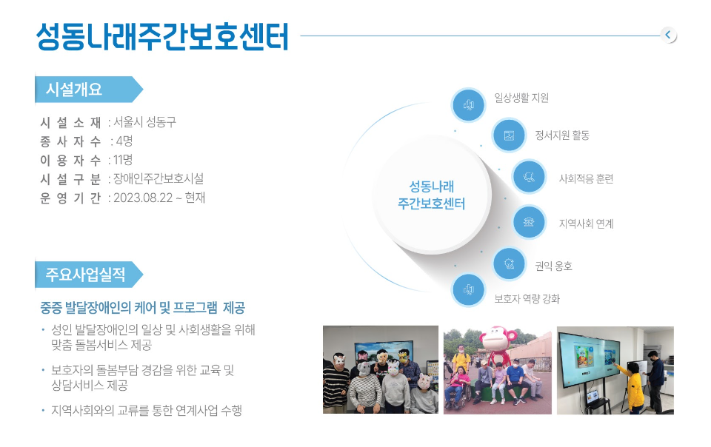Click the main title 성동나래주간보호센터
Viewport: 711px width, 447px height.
(x=162, y=36)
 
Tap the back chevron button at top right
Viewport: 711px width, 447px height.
(x=668, y=35)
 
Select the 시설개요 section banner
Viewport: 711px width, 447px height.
(x=88, y=90)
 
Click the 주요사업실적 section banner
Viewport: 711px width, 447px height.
(x=88, y=275)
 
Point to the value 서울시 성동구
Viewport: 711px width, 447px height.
(x=144, y=122)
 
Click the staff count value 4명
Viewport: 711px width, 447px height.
(x=124, y=141)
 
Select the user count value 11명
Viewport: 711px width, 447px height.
(x=123, y=160)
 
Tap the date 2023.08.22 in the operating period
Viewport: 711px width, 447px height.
(x=143, y=198)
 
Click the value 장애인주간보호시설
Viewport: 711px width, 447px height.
(x=158, y=179)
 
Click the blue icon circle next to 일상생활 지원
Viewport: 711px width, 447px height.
(x=468, y=105)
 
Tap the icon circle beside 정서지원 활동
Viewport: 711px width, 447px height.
(x=510, y=135)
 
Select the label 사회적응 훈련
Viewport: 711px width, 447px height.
(x=586, y=179)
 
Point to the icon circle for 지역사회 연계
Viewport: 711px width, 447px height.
(x=529, y=222)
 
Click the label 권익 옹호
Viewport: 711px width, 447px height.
(x=554, y=266)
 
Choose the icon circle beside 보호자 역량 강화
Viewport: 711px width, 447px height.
(x=468, y=290)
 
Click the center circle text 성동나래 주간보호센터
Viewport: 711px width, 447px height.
(x=431, y=195)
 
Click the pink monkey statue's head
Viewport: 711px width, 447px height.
(x=498, y=339)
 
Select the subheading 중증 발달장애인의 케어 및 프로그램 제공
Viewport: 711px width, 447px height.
(x=142, y=308)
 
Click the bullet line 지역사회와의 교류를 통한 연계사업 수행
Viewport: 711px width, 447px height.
(x=147, y=410)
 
